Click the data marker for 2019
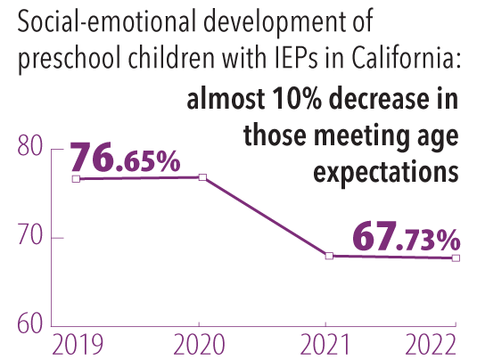pyautogui.click(x=76, y=179)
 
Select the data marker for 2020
pyautogui.click(x=202, y=177)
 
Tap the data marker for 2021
pyautogui.click(x=329, y=256)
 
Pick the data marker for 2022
pyautogui.click(x=456, y=258)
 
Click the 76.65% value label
pyautogui.click(x=125, y=159)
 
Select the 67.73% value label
pyautogui.click(x=406, y=237)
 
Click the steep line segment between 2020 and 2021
pyautogui.click(x=266, y=217)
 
